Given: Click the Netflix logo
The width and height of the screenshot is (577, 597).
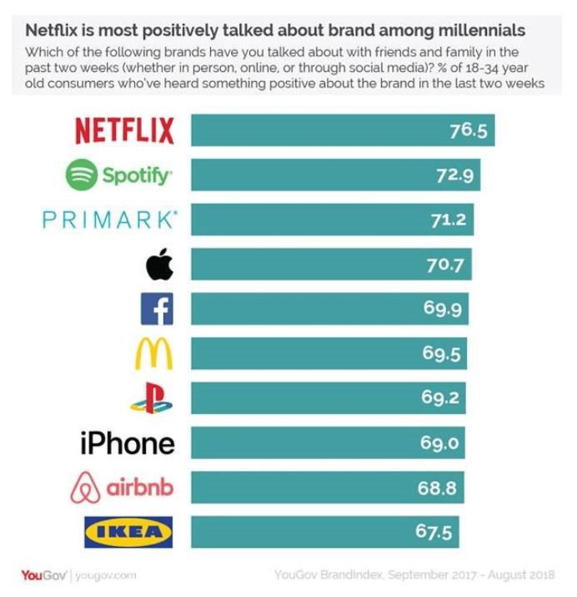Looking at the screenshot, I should pos(124,131).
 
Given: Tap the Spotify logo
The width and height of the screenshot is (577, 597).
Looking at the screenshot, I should pos(119,175).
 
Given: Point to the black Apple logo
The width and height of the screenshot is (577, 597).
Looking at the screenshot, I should pos(159,265).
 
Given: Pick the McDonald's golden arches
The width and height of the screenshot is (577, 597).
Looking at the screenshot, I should pos(154,354).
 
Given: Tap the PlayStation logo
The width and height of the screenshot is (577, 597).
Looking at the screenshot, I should pos(152,398).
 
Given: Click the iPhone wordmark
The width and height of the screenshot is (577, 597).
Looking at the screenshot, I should pos(128,443).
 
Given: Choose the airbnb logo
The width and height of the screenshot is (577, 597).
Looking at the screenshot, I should pos(122,488).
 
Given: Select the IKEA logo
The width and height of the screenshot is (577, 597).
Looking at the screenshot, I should pos(128,532).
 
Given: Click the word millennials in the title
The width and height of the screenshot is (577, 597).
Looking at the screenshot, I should pos(479,31).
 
